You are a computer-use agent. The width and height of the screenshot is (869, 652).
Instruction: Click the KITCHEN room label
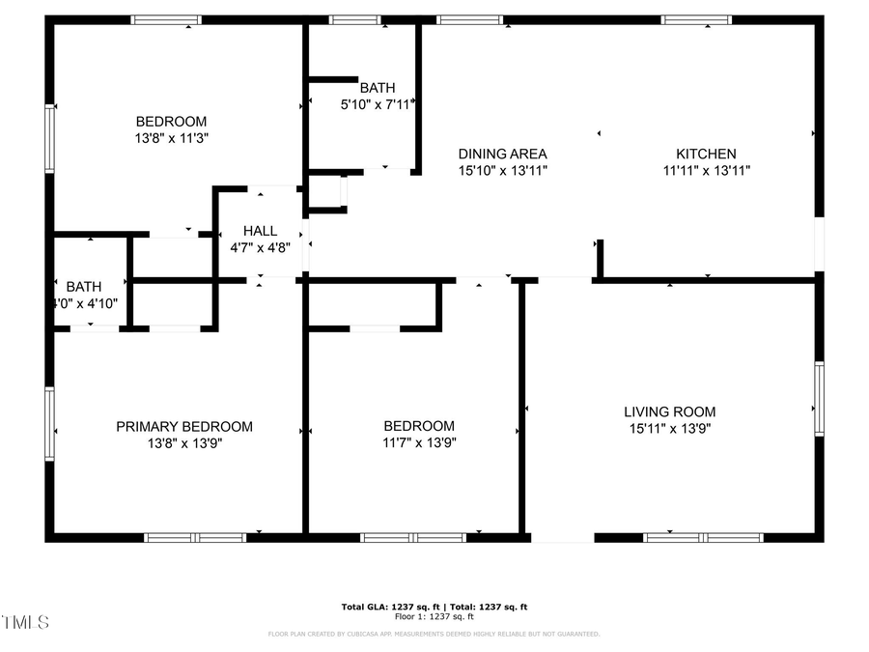[706, 154]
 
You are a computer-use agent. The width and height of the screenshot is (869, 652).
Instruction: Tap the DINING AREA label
[502, 154]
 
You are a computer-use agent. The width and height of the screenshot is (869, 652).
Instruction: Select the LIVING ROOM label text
[669, 411]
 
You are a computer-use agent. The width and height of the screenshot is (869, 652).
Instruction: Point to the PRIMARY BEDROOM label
[184, 426]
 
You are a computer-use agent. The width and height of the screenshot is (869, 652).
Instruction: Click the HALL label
[260, 231]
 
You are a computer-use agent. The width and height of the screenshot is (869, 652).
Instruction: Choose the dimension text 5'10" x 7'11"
[377, 104]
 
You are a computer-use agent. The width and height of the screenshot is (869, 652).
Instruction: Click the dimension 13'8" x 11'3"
[171, 138]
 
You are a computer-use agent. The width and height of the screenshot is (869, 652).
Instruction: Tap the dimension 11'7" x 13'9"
[418, 442]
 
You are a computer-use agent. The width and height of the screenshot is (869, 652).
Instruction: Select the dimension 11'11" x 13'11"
[706, 170]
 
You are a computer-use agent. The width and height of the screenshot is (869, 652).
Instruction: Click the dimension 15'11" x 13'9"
[669, 428]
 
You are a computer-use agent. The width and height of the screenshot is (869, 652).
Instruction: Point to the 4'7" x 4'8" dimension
[260, 246]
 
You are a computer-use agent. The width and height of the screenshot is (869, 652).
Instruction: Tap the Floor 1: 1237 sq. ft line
[434, 616]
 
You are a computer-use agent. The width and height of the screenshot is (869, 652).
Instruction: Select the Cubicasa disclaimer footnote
[434, 635]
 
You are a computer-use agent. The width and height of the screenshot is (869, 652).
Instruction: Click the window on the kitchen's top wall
[696, 19]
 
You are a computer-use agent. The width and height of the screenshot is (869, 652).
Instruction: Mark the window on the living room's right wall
[819, 399]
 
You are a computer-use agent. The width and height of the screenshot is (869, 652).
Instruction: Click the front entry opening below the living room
[562, 537]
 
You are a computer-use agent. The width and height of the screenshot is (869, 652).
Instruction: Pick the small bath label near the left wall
[84, 287]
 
